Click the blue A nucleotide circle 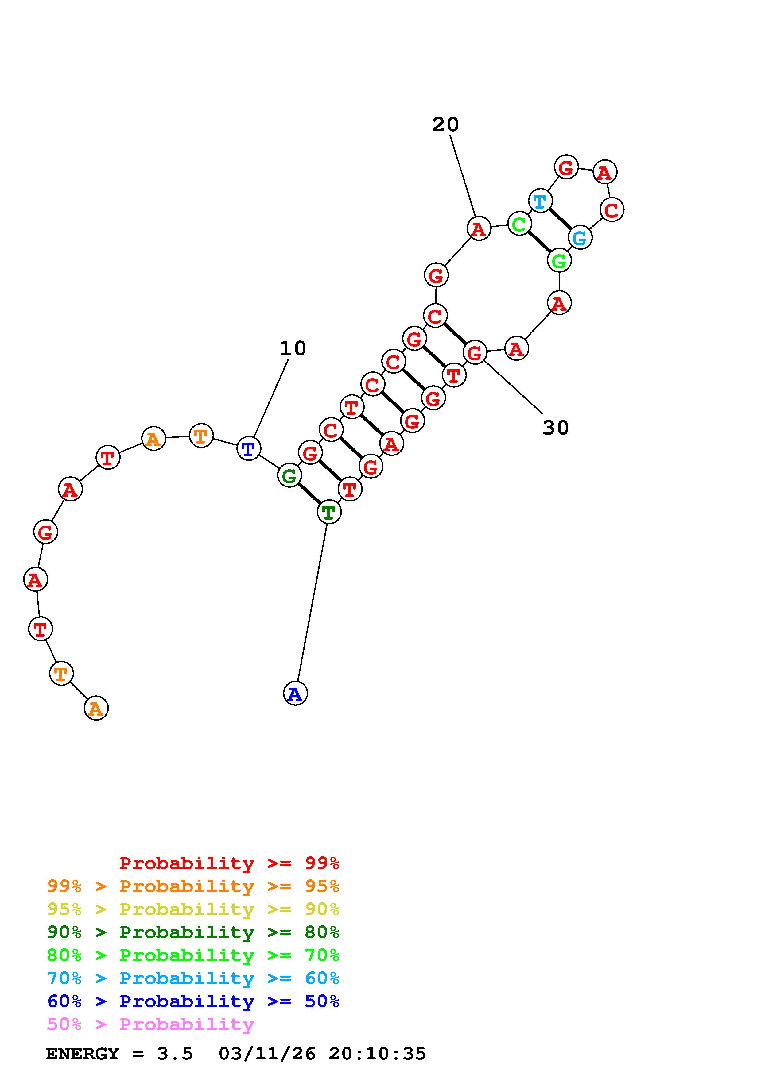pos(295,693)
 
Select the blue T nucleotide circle pos(249,448)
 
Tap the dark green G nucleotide pos(289,476)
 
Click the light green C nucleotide pos(519,224)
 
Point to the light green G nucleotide pos(559,260)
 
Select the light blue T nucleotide pos(540,201)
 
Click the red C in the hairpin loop pos(612,209)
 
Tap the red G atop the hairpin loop pos(566,167)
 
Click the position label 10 pos(293,348)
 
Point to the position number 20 pos(445,125)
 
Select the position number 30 pos(556,427)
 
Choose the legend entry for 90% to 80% pos(193,932)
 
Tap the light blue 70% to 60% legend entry pos(193,978)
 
